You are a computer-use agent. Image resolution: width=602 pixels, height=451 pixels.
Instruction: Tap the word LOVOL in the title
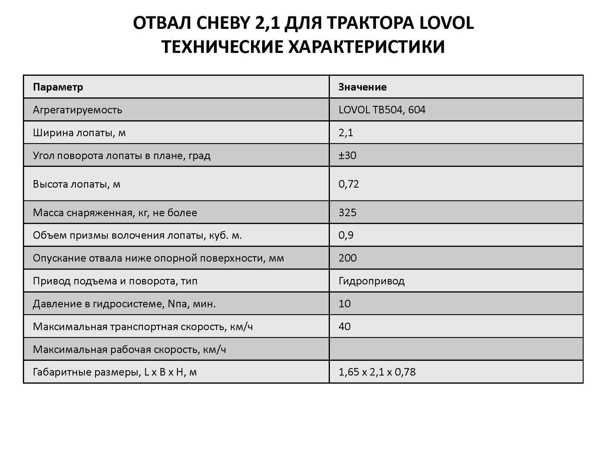[x=446, y=23]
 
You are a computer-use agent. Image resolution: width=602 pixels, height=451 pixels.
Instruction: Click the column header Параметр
[x=58, y=87]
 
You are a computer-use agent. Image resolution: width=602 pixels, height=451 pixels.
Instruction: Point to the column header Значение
[x=362, y=87]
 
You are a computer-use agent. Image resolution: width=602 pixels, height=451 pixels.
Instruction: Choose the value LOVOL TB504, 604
[x=382, y=110]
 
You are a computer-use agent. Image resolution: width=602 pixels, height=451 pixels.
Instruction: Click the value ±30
[x=347, y=155]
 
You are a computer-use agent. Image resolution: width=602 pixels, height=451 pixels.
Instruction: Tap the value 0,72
[x=348, y=184]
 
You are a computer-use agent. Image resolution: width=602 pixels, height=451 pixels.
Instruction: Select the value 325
[x=347, y=212]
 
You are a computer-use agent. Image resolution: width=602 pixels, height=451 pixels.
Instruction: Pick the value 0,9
[x=346, y=235]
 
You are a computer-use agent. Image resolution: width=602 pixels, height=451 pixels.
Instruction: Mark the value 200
[x=347, y=258]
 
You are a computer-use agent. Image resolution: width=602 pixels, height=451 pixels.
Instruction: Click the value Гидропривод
[x=371, y=281]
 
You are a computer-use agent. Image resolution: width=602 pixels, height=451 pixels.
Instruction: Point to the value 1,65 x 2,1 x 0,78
[x=377, y=372]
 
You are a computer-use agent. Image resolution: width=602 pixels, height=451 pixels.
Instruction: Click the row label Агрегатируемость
[x=77, y=110]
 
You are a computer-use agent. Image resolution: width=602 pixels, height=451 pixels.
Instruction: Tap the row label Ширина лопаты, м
[x=79, y=133]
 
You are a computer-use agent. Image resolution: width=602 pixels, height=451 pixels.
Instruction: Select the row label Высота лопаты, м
[x=77, y=184]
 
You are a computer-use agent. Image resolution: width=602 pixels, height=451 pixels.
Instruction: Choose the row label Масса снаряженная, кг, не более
[x=115, y=212]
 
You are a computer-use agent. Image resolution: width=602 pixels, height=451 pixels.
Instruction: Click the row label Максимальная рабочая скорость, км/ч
[x=129, y=350]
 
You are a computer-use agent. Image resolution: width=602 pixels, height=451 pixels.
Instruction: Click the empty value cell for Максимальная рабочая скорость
[x=456, y=349]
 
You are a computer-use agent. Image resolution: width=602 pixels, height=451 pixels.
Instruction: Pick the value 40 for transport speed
[x=344, y=326]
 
